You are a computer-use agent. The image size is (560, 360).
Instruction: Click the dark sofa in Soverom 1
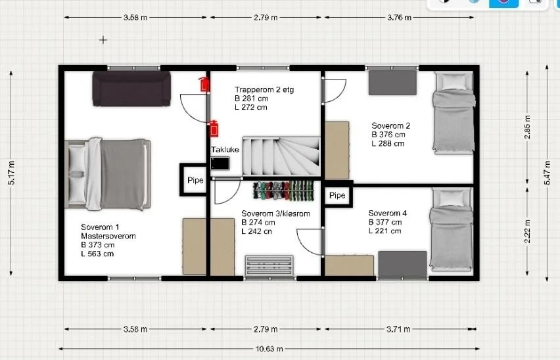(131, 89)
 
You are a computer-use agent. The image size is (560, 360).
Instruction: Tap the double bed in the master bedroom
(108, 173)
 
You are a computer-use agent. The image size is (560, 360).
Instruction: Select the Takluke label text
(225, 150)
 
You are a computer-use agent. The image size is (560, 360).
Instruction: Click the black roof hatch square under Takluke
(220, 164)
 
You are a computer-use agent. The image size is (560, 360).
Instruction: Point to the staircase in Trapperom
(281, 156)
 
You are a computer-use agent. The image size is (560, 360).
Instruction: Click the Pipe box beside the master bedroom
(195, 180)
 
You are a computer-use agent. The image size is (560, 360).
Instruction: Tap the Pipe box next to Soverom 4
(338, 195)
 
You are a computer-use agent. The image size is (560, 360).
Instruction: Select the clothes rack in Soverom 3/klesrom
(283, 190)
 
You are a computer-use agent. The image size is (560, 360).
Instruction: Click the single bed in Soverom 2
(454, 113)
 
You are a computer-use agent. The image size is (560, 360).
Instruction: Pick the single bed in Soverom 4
(452, 229)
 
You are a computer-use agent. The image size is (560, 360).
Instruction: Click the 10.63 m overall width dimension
(269, 349)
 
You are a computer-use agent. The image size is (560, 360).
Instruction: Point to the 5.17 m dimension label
(11, 173)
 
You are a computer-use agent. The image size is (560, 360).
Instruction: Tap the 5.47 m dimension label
(547, 173)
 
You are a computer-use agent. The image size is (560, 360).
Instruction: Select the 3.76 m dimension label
(399, 17)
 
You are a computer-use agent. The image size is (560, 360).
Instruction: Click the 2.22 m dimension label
(527, 231)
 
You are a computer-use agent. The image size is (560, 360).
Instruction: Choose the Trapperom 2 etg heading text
(264, 89)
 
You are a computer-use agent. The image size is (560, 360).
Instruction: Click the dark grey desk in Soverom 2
(392, 83)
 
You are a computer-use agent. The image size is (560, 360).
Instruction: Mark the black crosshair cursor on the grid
(103, 40)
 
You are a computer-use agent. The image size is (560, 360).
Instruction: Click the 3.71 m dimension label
(398, 329)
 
